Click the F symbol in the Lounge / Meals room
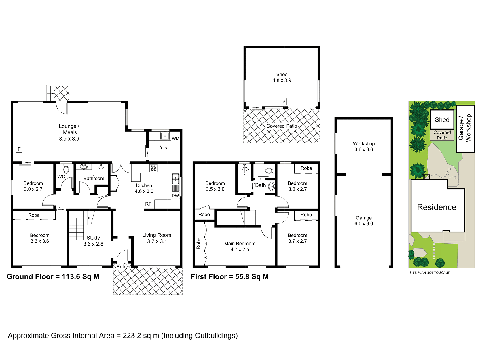[x=19, y=149]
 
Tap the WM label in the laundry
[x=175, y=138]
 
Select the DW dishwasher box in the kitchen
[x=175, y=196]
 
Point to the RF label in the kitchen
[x=148, y=204]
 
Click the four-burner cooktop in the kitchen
[x=153, y=168]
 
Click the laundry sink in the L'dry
[x=165, y=136]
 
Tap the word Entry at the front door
[x=122, y=267]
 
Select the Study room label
[x=93, y=238]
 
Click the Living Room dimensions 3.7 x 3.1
[x=157, y=241]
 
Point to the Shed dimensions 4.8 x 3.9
[x=282, y=80]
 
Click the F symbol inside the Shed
[x=284, y=101]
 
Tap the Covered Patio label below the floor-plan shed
[x=282, y=126]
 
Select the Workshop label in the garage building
[x=364, y=144]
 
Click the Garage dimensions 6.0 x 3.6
[x=364, y=223]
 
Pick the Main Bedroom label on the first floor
[x=240, y=243]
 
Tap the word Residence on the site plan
[x=437, y=207]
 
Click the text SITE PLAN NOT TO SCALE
[x=429, y=273]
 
